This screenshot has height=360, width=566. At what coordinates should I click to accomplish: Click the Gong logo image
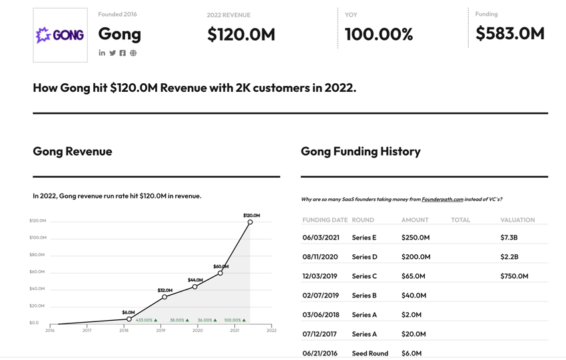coord(60,35)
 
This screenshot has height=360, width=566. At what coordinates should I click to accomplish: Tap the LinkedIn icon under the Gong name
coord(102,53)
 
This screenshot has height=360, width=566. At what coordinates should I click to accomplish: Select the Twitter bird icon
coord(113,53)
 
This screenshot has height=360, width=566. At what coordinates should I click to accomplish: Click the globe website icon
coord(133,53)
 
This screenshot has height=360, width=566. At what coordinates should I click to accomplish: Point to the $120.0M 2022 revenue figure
coord(241,35)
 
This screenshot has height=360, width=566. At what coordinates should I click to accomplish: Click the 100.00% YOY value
coord(378,35)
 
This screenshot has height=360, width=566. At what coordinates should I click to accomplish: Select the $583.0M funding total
coord(509,33)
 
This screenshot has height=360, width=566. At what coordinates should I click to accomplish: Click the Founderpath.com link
coord(442,199)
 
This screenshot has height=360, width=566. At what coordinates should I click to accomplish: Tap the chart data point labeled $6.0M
coord(129,319)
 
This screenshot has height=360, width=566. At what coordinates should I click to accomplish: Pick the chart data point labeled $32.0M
coord(164,297)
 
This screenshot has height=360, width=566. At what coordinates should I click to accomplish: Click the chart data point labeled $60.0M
coord(220,273)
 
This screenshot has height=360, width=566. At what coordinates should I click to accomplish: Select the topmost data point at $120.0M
coord(250,222)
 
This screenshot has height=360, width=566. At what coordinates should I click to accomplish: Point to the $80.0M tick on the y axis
coord(38,255)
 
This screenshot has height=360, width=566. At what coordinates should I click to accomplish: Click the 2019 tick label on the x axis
coord(160,330)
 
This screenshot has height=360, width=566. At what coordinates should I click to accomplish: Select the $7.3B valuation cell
coord(509,238)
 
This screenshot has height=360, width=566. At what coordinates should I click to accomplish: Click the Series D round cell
coord(364,257)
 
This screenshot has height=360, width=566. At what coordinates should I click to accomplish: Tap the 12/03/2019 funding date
coord(320,276)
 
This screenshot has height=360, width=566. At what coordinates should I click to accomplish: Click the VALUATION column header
coord(517,220)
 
